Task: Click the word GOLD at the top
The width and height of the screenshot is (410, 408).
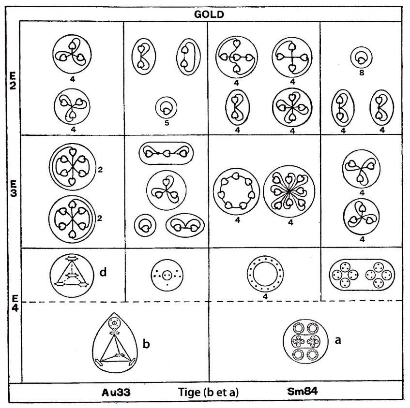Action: click(209, 15)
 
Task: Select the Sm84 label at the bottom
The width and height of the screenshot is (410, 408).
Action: click(303, 391)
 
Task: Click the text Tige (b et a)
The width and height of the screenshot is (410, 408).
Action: click(208, 392)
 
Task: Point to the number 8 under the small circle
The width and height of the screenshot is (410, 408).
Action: click(362, 73)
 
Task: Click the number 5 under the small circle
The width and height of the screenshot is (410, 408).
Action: click(167, 122)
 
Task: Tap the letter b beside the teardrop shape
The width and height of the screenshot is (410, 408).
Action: click(146, 344)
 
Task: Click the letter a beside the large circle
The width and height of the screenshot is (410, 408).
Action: click(338, 340)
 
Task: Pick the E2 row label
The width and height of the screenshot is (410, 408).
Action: click(13, 80)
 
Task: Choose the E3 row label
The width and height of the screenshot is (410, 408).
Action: click(14, 189)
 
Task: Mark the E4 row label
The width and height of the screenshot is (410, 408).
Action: click(15, 303)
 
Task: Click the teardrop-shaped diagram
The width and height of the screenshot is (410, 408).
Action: click(115, 342)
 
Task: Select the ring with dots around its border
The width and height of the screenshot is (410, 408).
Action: click(265, 274)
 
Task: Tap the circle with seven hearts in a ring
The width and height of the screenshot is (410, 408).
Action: click(236, 191)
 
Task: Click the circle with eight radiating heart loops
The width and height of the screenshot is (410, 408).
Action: click(289, 191)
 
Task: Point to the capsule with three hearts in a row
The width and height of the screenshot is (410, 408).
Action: click(166, 153)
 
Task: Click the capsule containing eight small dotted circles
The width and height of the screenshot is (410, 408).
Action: click(362, 275)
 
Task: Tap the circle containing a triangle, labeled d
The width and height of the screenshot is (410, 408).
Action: click(72, 276)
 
